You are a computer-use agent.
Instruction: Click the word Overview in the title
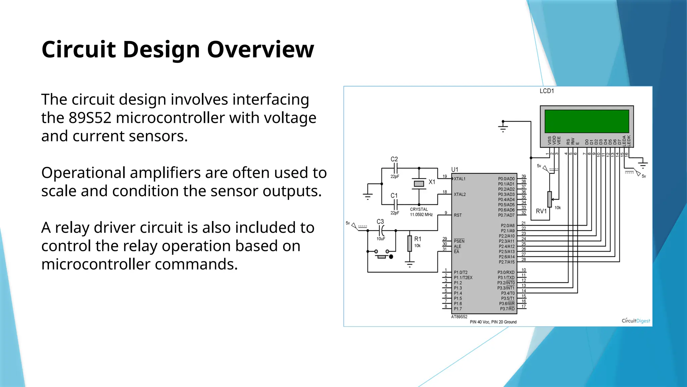[x=260, y=49]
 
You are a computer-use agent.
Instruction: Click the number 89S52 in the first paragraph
[x=90, y=118]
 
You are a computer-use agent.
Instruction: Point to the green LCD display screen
[x=587, y=121]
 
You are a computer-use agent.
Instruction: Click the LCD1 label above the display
[x=546, y=91]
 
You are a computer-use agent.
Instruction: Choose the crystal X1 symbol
[x=419, y=183]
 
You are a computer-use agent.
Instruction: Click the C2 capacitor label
[x=394, y=159]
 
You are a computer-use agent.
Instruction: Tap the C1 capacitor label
[x=394, y=196]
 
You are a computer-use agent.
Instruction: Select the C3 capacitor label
[x=380, y=222]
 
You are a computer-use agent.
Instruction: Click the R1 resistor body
[x=410, y=244]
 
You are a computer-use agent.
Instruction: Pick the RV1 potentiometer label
[x=541, y=211]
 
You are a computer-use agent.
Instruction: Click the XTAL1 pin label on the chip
[x=460, y=179]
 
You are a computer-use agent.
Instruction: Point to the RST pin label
[x=458, y=215]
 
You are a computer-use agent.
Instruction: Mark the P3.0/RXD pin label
[x=506, y=272]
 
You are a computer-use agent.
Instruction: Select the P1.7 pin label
[x=458, y=309]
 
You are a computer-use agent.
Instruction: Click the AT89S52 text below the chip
[x=459, y=317]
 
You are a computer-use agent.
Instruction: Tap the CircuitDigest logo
[x=636, y=320]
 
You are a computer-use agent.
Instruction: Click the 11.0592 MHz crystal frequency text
[x=421, y=215]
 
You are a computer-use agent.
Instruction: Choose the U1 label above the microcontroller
[x=455, y=170]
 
